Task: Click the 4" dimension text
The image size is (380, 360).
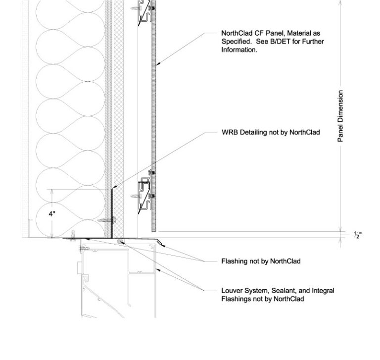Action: pos(52,214)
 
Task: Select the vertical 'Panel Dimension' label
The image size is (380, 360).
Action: pos(340,117)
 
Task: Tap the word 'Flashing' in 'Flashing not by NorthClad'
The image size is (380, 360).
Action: pos(234,261)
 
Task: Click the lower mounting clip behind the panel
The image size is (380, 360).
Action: pos(146,194)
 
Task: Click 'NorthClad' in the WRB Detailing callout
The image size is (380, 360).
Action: pos(304,133)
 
